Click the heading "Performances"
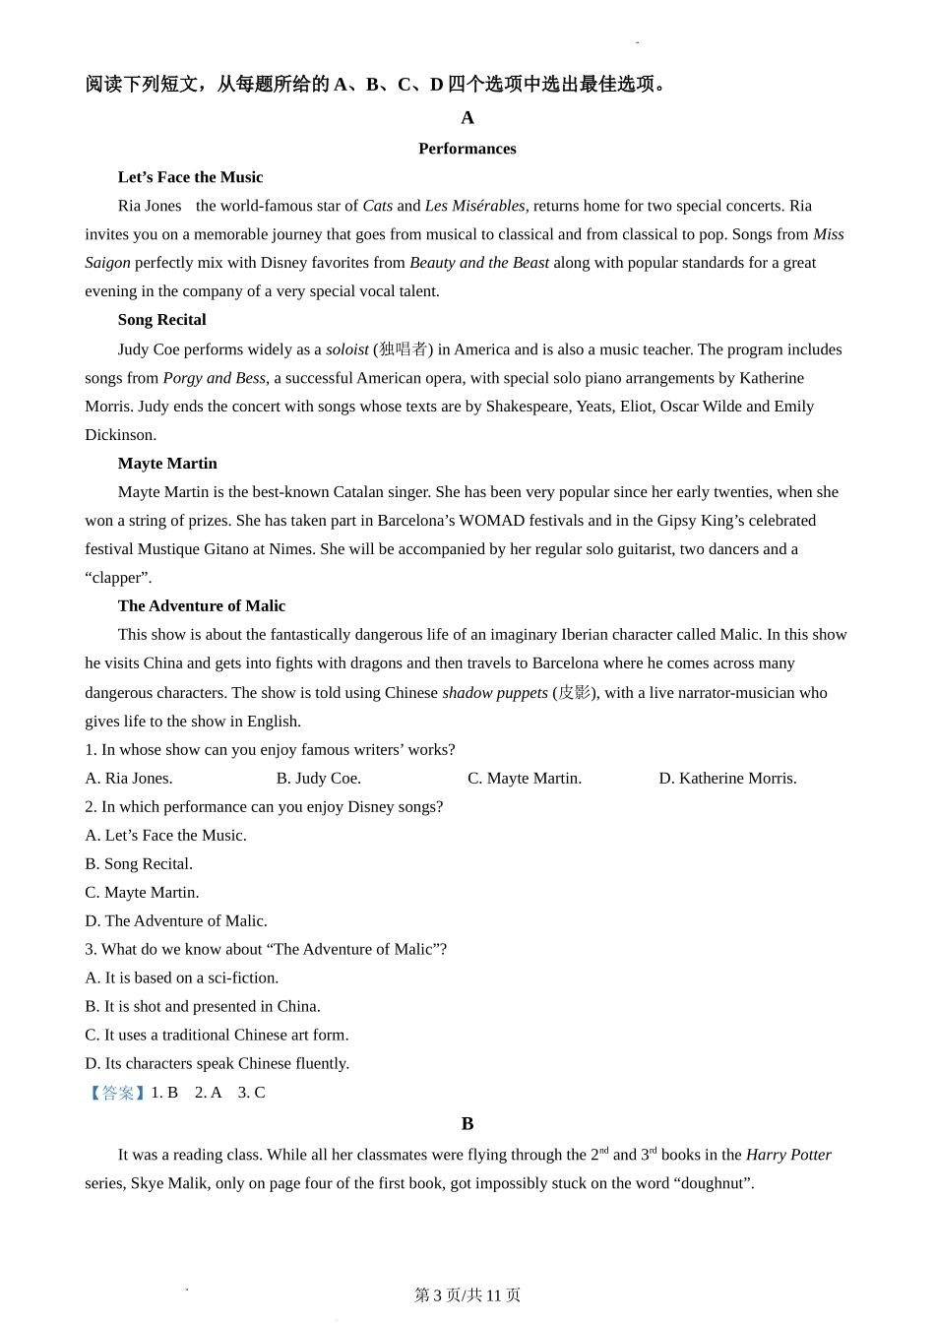pyautogui.click(x=467, y=149)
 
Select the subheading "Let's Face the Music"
pyautogui.click(x=190, y=177)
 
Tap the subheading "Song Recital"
pyautogui.click(x=161, y=320)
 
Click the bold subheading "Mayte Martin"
pyautogui.click(x=167, y=464)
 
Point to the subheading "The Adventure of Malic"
pyautogui.click(x=201, y=606)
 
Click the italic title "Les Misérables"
pyautogui.click(x=474, y=206)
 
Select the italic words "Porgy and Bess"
pyautogui.click(x=214, y=378)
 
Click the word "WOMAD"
pyautogui.click(x=491, y=521)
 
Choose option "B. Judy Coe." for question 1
pyautogui.click(x=318, y=779)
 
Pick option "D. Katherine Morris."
pyautogui.click(x=727, y=779)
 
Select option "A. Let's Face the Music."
pyautogui.click(x=165, y=836)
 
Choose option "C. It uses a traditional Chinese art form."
pyautogui.click(x=217, y=1036)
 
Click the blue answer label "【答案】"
pyautogui.click(x=117, y=1093)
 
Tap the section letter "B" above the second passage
pyautogui.click(x=467, y=1124)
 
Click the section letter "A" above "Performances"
pyautogui.click(x=467, y=118)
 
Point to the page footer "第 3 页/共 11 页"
pyautogui.click(x=467, y=1295)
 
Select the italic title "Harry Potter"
pyautogui.click(x=788, y=1156)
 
